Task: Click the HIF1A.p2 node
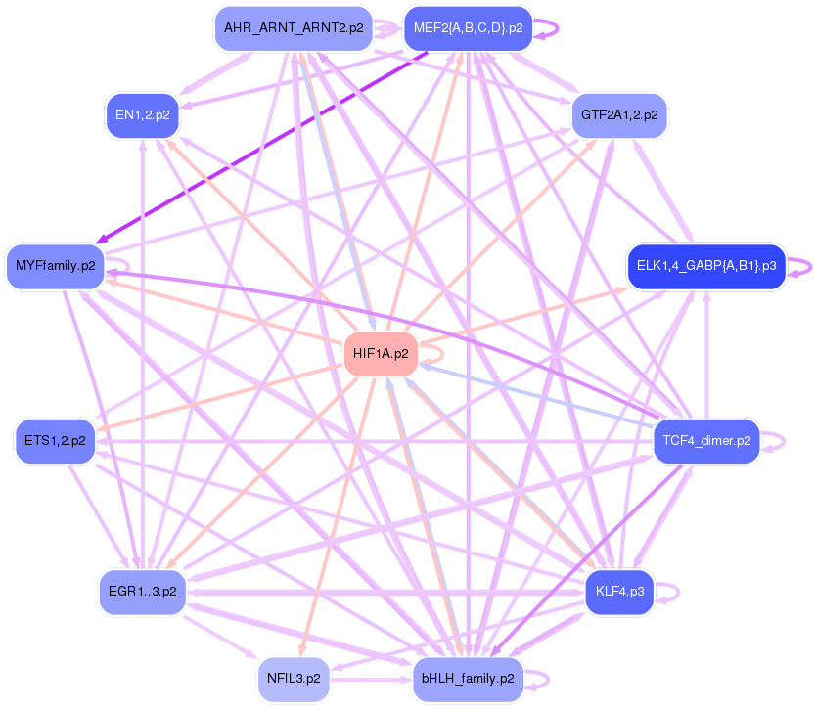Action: (380, 353)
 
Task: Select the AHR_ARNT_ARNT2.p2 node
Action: (294, 28)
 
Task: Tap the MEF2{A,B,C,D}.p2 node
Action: (468, 28)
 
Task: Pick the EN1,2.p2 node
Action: (143, 114)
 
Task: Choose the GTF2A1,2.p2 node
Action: (619, 114)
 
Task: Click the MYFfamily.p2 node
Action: (56, 265)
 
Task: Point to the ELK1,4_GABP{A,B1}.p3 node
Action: (705, 265)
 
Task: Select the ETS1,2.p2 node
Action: (55, 440)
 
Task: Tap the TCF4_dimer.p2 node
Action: (705, 440)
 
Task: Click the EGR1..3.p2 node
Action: (143, 592)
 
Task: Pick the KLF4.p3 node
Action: (618, 592)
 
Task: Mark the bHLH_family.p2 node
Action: (468, 677)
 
